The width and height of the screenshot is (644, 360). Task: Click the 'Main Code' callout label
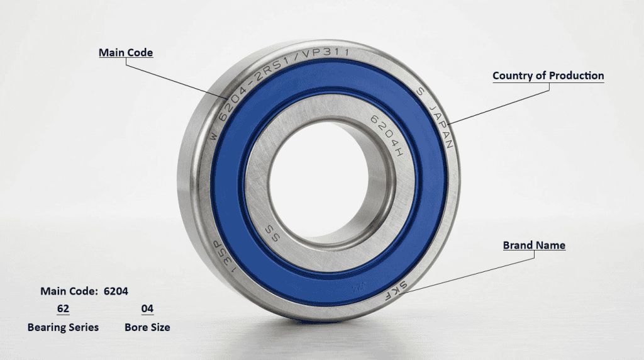pyautogui.click(x=126, y=53)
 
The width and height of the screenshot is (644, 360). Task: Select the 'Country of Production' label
pyautogui.click(x=548, y=76)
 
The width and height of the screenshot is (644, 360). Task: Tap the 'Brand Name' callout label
pyautogui.click(x=534, y=245)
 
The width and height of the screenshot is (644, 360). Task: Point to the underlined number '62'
pyautogui.click(x=63, y=309)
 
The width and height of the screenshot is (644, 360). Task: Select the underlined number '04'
pyautogui.click(x=147, y=309)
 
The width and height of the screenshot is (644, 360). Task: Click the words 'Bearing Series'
pyautogui.click(x=63, y=327)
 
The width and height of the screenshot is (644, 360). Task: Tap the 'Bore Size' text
pyautogui.click(x=147, y=327)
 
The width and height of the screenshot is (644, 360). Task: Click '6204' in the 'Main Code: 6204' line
pyautogui.click(x=116, y=291)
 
